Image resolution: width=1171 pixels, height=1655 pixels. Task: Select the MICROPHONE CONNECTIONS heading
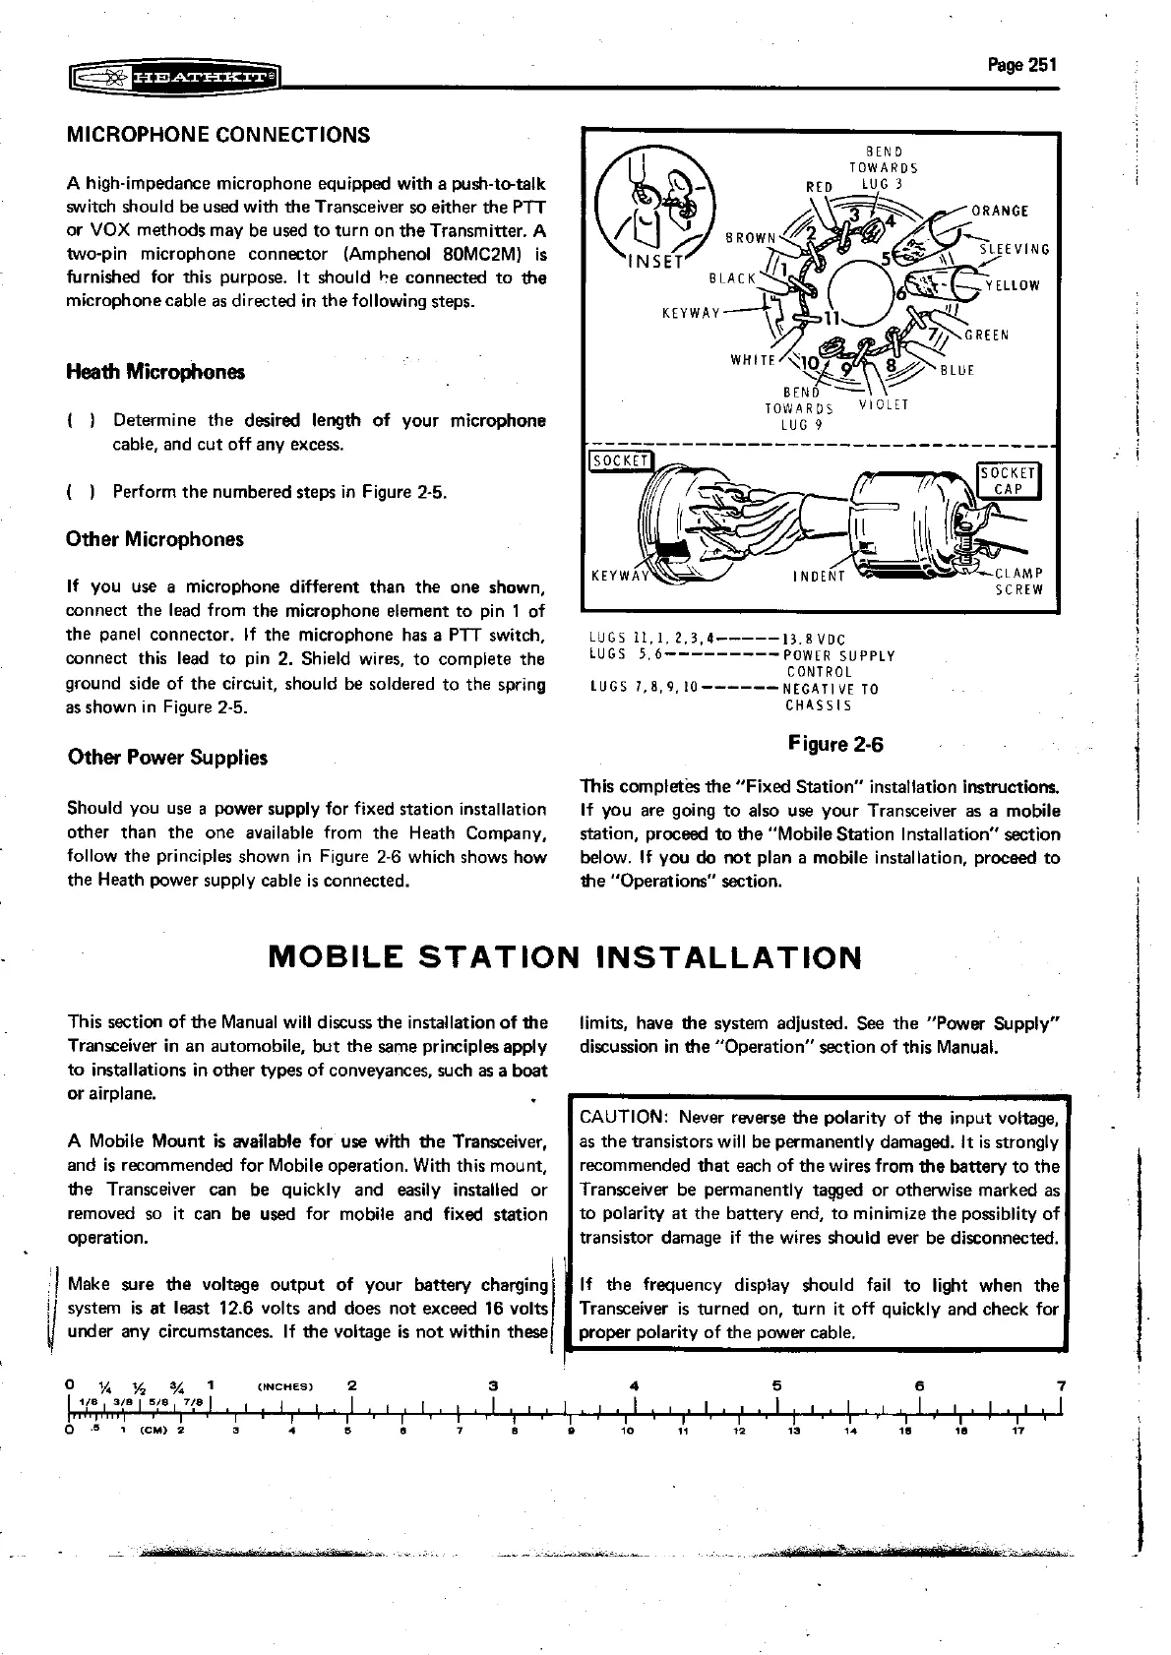click(x=217, y=135)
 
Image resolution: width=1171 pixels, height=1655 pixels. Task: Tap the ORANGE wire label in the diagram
click(x=1000, y=211)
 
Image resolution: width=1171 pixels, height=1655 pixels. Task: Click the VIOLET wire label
click(x=884, y=404)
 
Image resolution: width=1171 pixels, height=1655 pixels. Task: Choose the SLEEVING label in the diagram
click(x=1015, y=249)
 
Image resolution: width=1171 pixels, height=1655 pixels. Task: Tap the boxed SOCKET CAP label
click(x=1009, y=481)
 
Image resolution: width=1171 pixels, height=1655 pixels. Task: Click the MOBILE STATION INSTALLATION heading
click(x=565, y=956)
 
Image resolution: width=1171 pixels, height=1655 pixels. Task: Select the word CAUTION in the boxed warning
click(x=624, y=1118)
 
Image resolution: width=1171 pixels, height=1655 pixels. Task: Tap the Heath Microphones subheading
click(x=154, y=372)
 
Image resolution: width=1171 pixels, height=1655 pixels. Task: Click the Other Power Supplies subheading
click(x=167, y=758)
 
